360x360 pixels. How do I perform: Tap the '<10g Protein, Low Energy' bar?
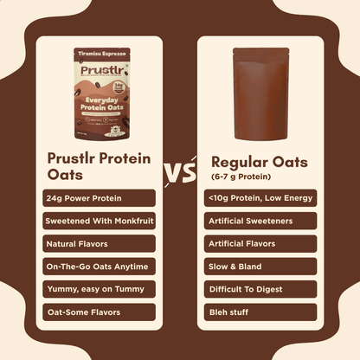[260, 198]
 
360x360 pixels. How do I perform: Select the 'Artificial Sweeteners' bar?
[260, 221]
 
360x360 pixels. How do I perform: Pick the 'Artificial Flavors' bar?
[260, 243]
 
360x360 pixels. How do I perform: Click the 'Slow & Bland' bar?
[260, 266]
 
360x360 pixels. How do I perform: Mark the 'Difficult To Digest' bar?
[260, 288]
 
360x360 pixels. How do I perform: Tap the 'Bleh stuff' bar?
[260, 311]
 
